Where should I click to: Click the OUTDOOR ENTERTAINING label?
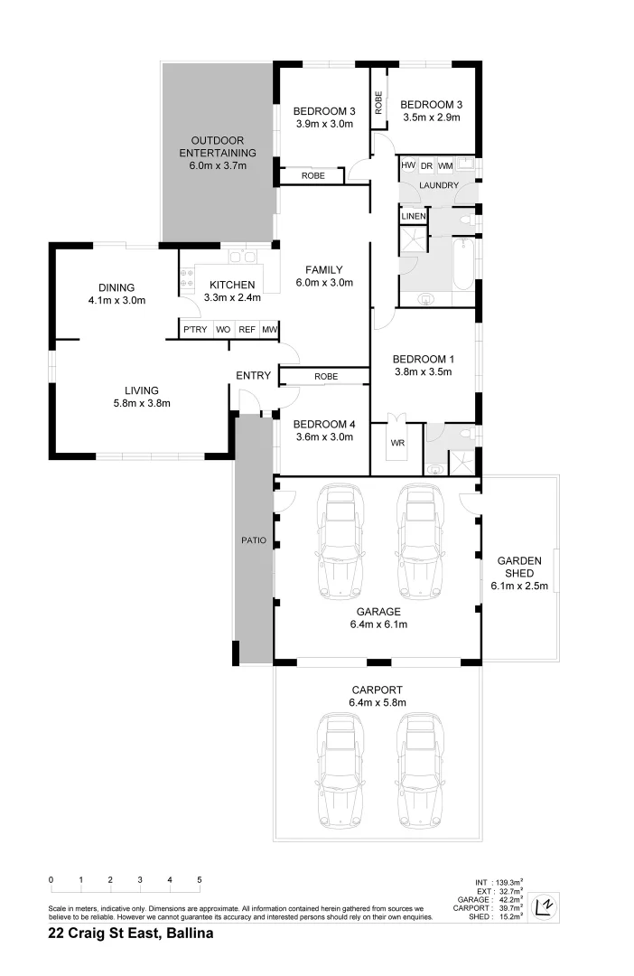pyautogui.click(x=218, y=146)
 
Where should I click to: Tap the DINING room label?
pyautogui.click(x=117, y=288)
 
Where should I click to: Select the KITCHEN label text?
pyautogui.click(x=219, y=285)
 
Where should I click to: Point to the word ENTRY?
pyautogui.click(x=254, y=375)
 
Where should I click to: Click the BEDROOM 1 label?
pyautogui.click(x=424, y=359)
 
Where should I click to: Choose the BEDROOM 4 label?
pyautogui.click(x=325, y=425)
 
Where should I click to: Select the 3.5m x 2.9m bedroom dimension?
pyautogui.click(x=432, y=117)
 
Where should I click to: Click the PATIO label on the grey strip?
pyautogui.click(x=254, y=540)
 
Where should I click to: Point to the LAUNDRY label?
pyautogui.click(x=439, y=186)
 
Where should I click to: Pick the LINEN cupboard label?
pyautogui.click(x=414, y=217)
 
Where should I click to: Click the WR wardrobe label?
pyautogui.click(x=397, y=444)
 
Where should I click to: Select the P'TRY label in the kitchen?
pyautogui.click(x=195, y=330)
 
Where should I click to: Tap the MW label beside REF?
pyautogui.click(x=269, y=330)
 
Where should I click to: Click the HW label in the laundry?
pyautogui.click(x=408, y=165)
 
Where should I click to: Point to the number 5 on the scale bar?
pyautogui.click(x=200, y=879)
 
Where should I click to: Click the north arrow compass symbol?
pyautogui.click(x=544, y=905)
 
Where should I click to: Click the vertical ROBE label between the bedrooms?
pyautogui.click(x=379, y=100)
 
